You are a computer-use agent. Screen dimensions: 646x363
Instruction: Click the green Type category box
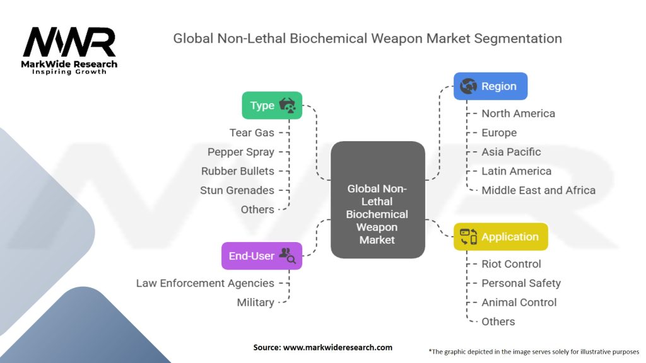pos(272,105)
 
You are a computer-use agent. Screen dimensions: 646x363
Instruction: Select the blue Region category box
pos(490,86)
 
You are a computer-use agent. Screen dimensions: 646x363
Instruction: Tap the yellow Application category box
pos(500,237)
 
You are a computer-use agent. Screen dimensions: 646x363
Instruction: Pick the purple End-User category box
pos(262,256)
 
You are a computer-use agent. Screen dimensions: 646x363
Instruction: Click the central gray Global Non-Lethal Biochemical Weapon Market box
pos(377,200)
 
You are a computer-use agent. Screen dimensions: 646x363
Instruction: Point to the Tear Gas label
pos(252,132)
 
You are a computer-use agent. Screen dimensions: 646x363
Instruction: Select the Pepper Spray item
pos(240,152)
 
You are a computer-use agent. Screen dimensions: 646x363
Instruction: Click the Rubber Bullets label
pos(237,171)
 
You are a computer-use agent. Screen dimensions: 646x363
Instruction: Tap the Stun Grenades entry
pos(237,190)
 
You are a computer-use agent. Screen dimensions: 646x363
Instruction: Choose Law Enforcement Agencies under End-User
pos(205,283)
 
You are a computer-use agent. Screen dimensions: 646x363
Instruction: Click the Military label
pos(255,302)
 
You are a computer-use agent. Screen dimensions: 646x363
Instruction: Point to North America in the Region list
pos(519,113)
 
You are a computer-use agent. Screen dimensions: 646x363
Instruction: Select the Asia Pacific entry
pos(511,152)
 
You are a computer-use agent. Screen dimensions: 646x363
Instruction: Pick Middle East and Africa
pos(539,190)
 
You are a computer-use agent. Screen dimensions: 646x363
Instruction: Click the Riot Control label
pos(511,264)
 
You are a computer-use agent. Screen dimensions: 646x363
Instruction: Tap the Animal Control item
pos(519,302)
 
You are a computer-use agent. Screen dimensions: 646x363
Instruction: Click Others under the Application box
pos(498,321)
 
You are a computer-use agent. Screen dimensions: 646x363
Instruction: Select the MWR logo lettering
pos(69,42)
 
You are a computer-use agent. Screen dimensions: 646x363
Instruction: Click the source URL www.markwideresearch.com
pos(338,347)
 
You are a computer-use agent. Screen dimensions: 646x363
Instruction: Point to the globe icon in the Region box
pos(469,86)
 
